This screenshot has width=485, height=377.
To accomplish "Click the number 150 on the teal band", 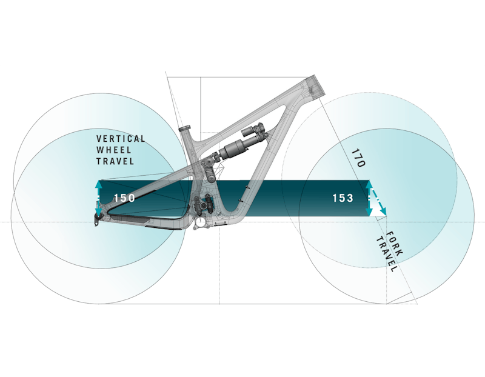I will [124, 198].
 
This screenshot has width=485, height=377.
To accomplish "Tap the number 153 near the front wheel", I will [343, 198].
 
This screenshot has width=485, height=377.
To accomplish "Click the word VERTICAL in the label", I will [121, 139].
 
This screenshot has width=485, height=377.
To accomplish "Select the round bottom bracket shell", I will [201, 224].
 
